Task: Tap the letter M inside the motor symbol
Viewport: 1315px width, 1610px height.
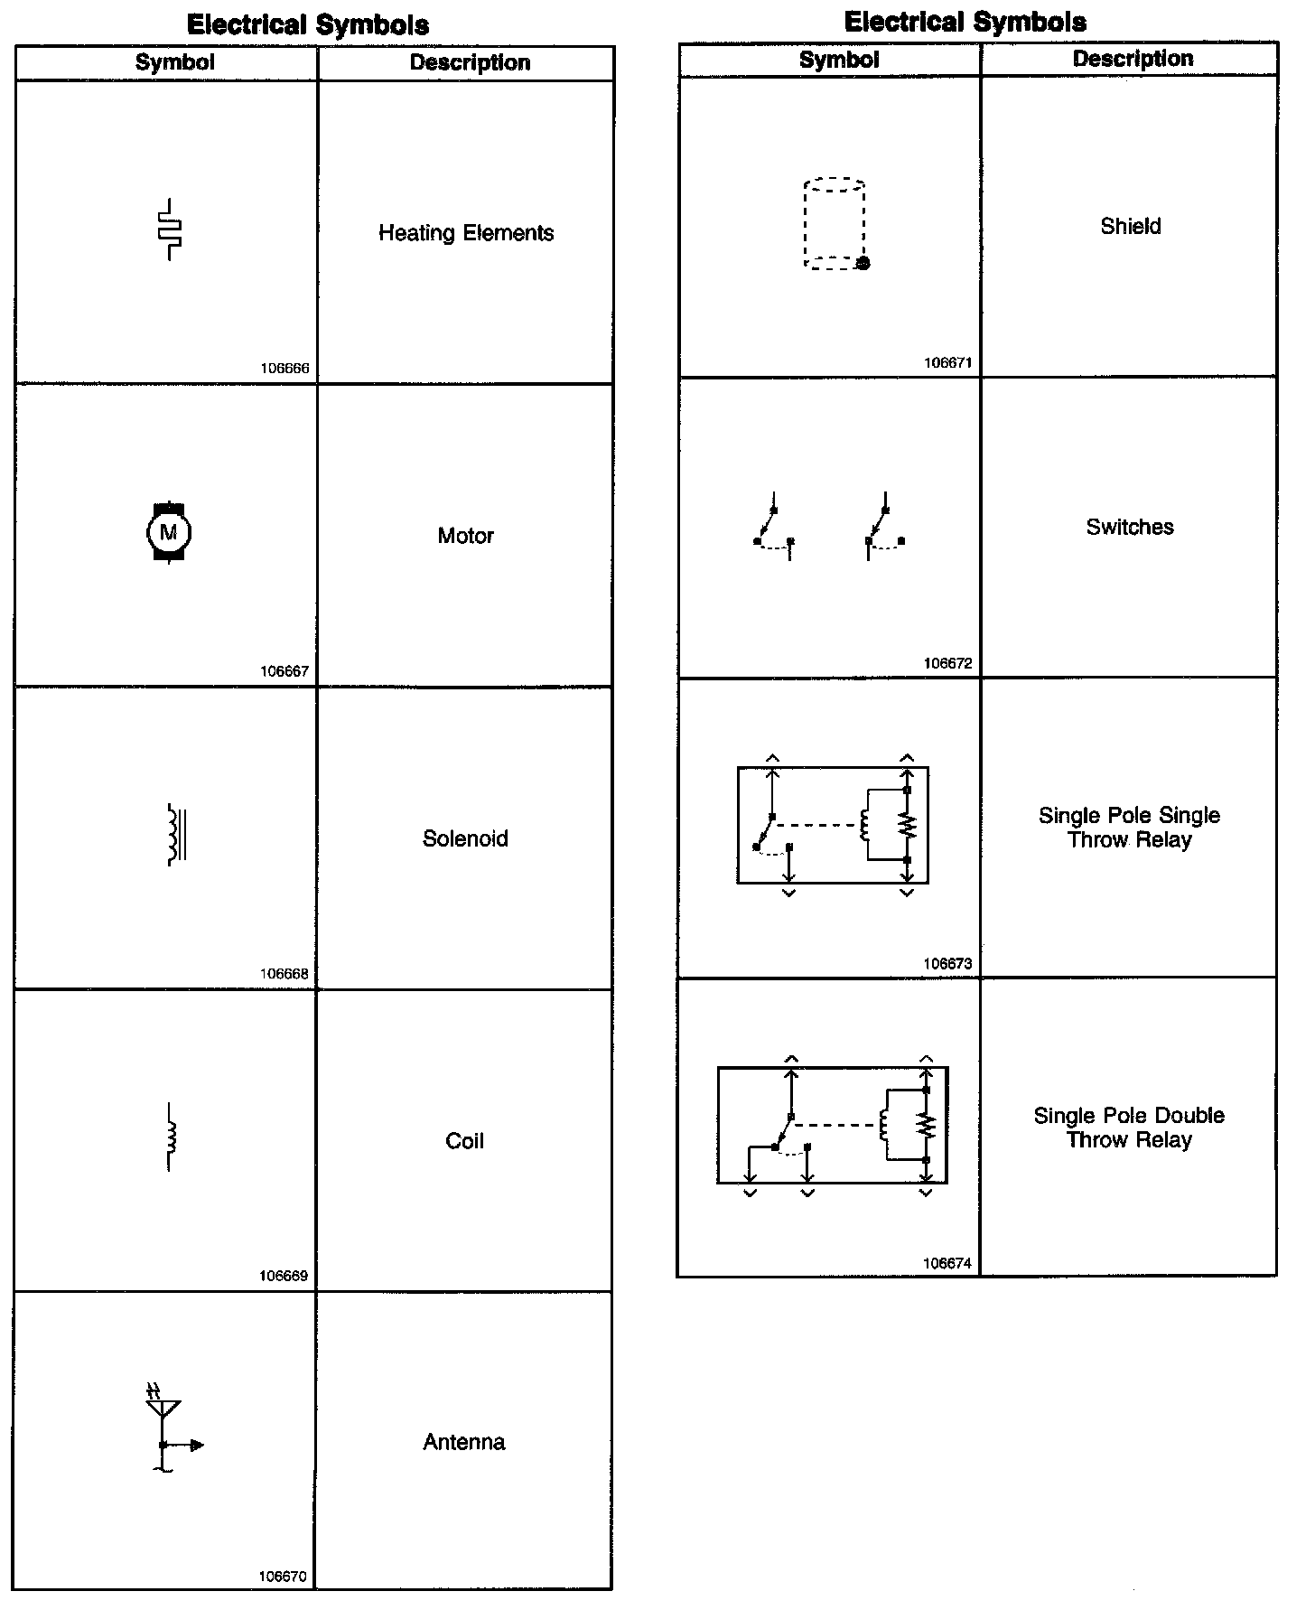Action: coord(168,532)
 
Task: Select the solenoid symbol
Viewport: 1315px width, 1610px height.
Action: coord(176,834)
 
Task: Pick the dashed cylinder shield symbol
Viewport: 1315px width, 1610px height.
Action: coord(835,224)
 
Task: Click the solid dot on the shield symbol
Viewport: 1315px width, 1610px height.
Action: coord(863,263)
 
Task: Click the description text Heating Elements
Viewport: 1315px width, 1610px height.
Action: coord(466,233)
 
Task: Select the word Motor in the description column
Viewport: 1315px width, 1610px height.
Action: coord(465,536)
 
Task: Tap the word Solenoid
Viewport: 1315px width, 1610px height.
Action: coord(465,838)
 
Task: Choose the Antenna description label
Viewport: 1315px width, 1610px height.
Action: coord(464,1442)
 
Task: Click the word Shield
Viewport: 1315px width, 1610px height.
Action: coord(1130,226)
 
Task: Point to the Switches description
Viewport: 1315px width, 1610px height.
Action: coord(1130,527)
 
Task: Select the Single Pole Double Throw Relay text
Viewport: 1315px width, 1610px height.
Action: coord(1129,1128)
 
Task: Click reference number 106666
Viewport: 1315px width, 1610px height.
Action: coord(284,369)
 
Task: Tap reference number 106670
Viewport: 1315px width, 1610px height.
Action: coord(283,1577)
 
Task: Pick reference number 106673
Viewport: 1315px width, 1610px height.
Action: coord(947,964)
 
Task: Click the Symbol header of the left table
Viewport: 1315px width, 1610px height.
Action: coord(175,62)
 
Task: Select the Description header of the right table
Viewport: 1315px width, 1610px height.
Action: coord(1133,59)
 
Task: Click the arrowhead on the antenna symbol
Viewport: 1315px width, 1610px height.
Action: coord(198,1446)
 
